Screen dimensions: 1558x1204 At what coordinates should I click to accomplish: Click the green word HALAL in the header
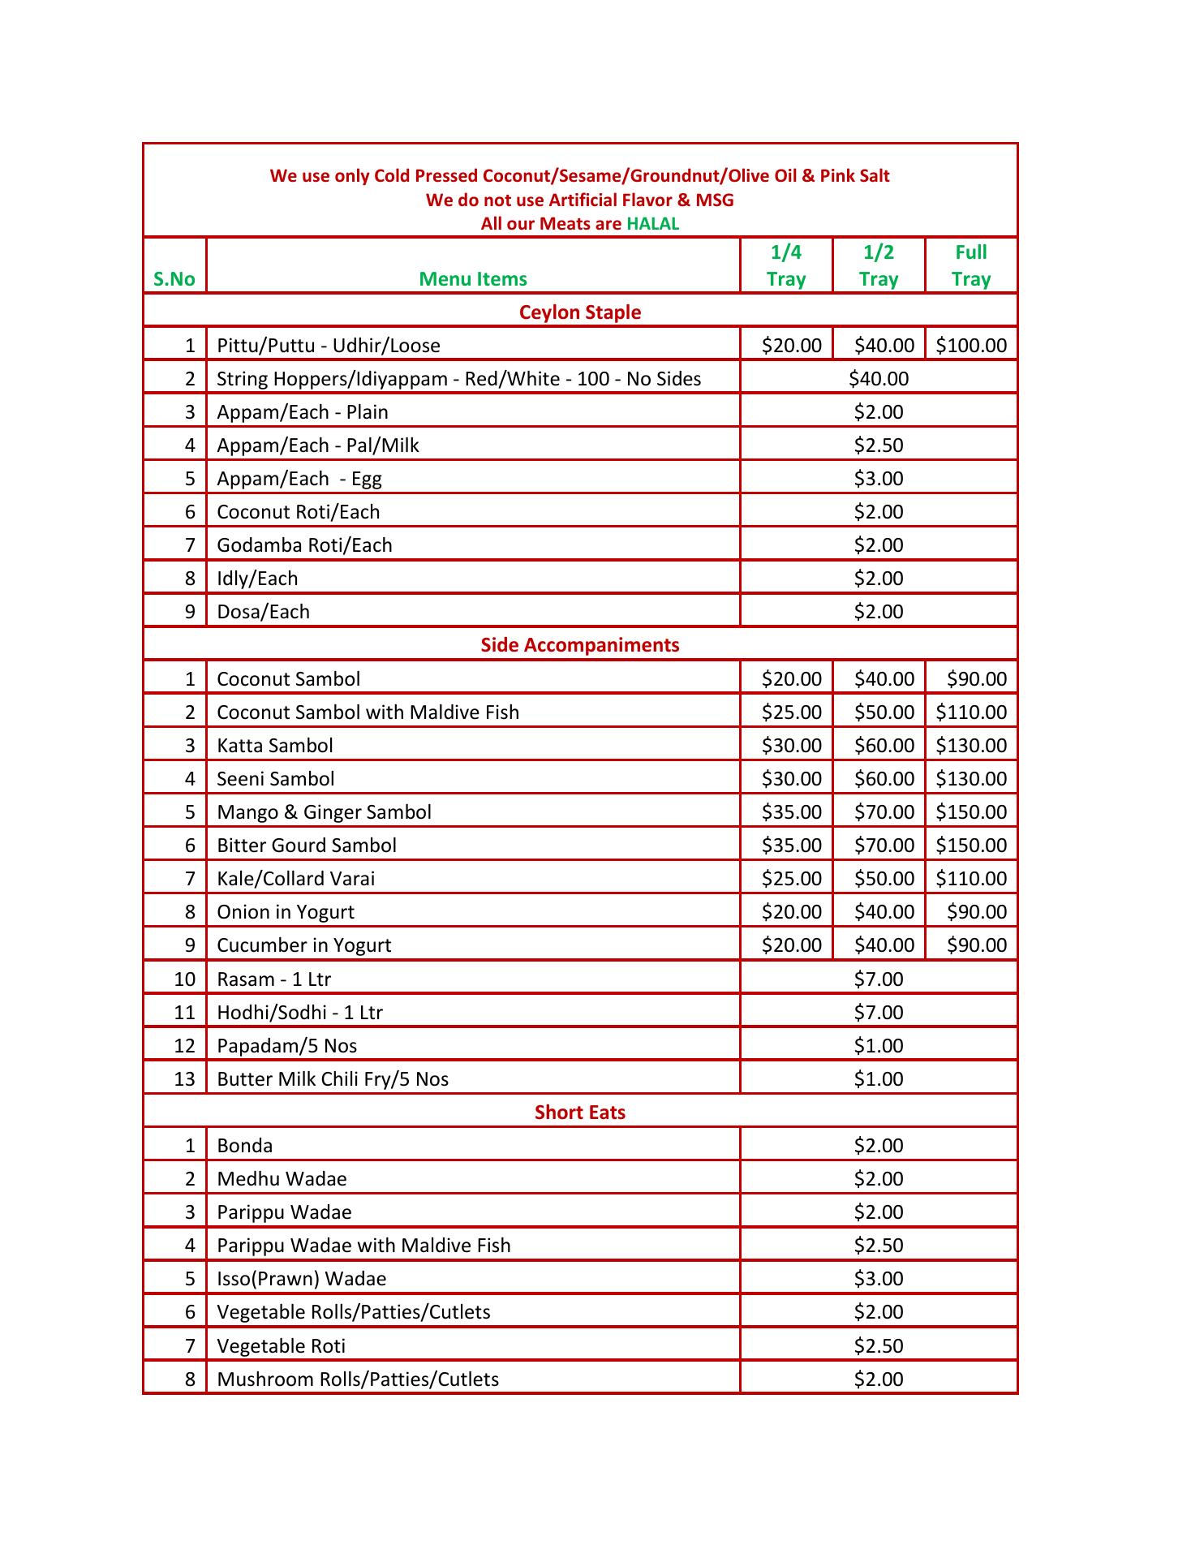(x=652, y=224)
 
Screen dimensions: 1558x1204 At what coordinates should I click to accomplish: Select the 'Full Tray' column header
(x=970, y=265)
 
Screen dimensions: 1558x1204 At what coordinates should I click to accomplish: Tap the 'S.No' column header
(x=174, y=279)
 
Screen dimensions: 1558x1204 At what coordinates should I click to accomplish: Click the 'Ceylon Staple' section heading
(x=580, y=312)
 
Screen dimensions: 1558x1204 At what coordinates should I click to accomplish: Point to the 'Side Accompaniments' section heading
(x=580, y=645)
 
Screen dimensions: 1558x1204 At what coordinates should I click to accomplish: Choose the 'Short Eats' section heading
(x=580, y=1112)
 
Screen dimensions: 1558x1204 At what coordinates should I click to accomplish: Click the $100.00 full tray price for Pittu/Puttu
(x=970, y=346)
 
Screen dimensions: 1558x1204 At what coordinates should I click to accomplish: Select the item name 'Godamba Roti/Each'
(x=304, y=545)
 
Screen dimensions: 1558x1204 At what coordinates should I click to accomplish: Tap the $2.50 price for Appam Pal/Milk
(x=878, y=445)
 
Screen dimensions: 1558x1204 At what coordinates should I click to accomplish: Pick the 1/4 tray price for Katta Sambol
(x=791, y=746)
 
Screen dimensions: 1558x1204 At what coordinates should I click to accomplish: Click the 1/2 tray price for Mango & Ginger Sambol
(x=884, y=812)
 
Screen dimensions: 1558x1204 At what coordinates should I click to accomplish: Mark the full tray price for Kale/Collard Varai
(x=970, y=879)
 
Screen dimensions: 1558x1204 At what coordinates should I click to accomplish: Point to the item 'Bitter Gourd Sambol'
(x=307, y=846)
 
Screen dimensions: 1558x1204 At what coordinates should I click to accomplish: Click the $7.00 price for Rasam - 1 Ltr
(x=878, y=979)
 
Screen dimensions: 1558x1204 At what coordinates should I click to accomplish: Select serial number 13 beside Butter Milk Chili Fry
(x=185, y=1079)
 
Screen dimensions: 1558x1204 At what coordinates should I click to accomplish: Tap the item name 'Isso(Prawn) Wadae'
(x=302, y=1279)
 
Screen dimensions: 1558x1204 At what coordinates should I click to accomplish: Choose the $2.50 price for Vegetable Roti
(x=878, y=1346)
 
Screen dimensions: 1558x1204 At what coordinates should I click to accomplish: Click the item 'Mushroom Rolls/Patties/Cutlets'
(x=358, y=1379)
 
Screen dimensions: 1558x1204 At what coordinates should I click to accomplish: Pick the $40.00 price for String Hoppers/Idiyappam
(x=878, y=379)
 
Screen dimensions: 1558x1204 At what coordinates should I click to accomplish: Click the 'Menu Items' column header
(x=473, y=279)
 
